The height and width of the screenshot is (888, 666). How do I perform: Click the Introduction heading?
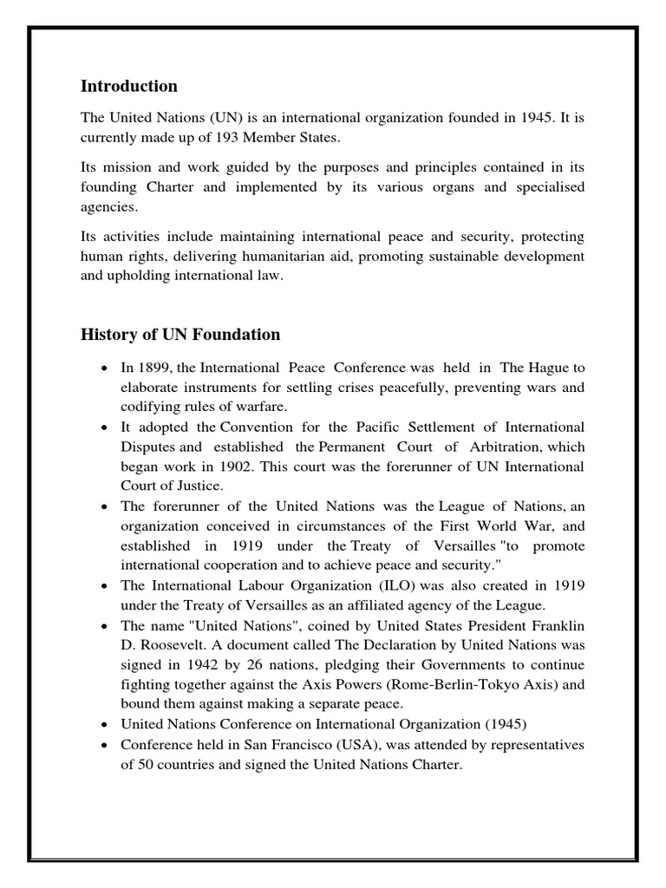pyautogui.click(x=128, y=86)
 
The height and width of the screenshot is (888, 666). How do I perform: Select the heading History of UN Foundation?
pyautogui.click(x=180, y=334)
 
